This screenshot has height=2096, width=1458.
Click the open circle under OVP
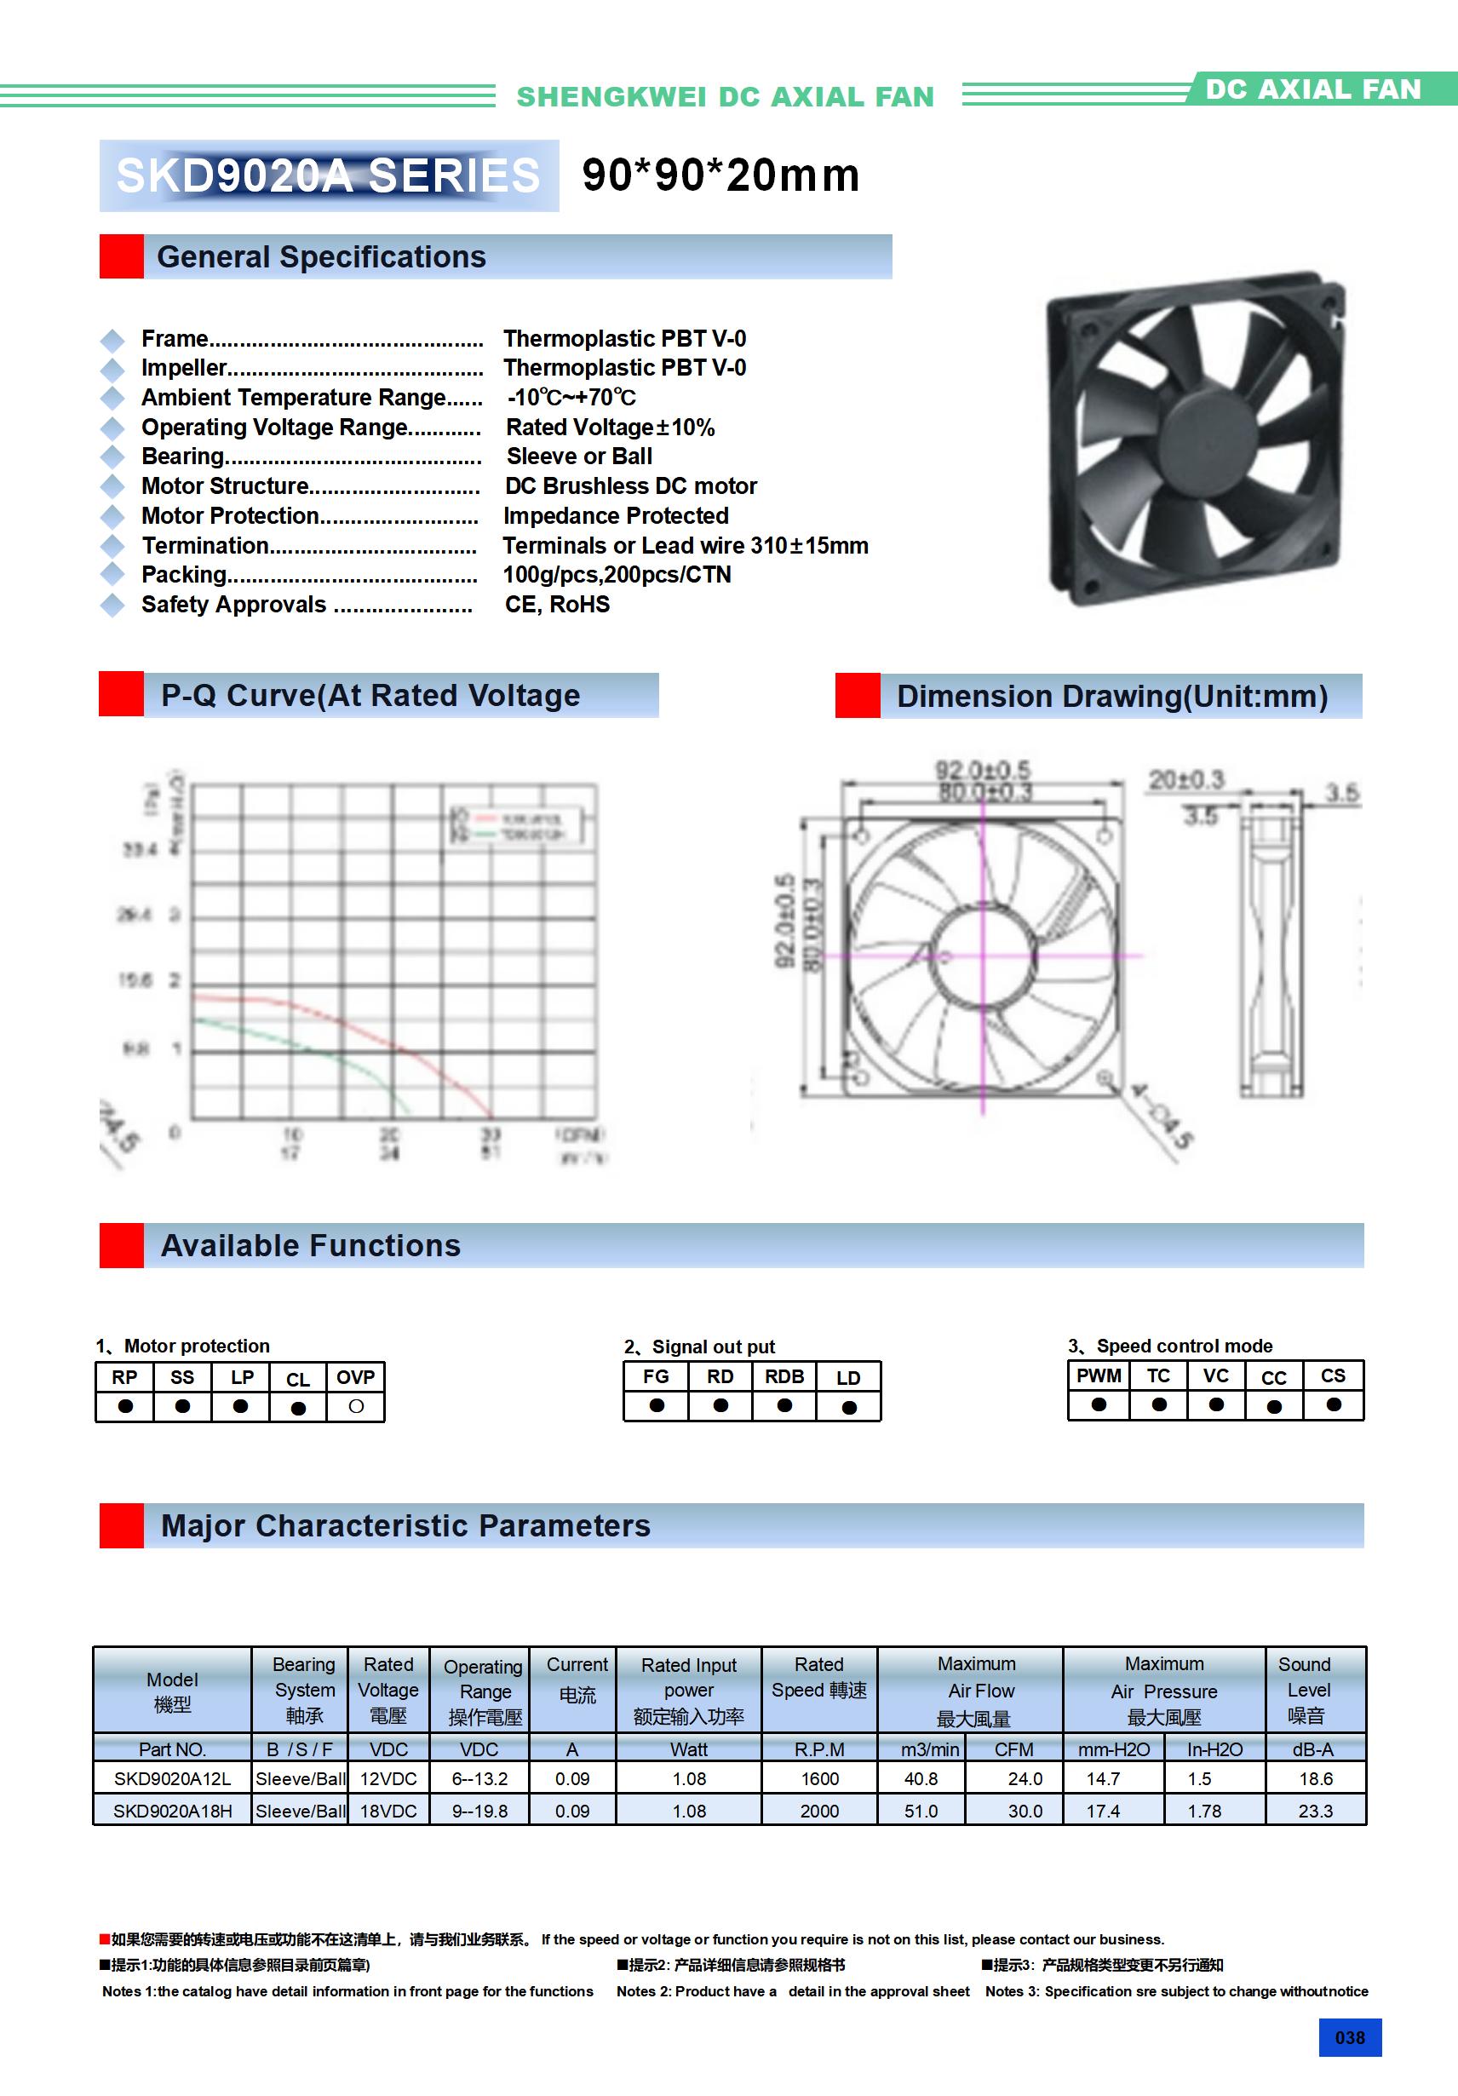(x=356, y=1407)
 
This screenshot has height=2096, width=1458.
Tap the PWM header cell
(x=1099, y=1375)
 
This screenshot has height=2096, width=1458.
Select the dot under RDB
(x=784, y=1406)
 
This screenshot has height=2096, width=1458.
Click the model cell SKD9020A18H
(x=173, y=1812)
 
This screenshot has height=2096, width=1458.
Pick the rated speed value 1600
(x=819, y=1779)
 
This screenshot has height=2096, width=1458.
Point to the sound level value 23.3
(x=1315, y=1812)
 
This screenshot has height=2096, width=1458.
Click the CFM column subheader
(x=1013, y=1749)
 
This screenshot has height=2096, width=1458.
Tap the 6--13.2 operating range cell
(x=479, y=1779)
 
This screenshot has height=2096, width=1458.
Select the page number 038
(x=1349, y=2037)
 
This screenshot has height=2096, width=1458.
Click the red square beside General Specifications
(x=122, y=256)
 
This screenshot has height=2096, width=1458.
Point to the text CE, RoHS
(x=557, y=605)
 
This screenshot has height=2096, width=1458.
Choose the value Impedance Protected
(x=616, y=516)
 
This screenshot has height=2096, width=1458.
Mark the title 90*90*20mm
(x=720, y=175)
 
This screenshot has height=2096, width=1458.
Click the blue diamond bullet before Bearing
(x=112, y=457)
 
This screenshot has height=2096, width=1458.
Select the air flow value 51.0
(x=921, y=1812)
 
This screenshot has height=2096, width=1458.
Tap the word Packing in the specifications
(x=183, y=575)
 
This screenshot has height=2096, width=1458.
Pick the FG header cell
(x=656, y=1376)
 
